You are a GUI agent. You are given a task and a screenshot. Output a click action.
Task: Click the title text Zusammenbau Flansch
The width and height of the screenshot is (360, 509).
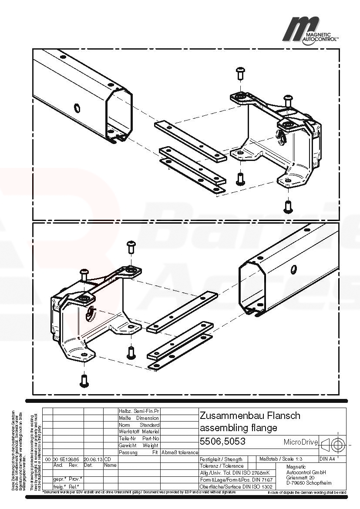click(x=250, y=415)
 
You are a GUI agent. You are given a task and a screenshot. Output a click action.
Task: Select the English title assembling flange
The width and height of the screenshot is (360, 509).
click(x=238, y=428)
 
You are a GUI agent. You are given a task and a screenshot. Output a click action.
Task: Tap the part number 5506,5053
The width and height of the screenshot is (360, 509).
click(x=222, y=442)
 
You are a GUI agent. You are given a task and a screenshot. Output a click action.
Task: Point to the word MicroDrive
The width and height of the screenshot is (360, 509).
click(x=301, y=442)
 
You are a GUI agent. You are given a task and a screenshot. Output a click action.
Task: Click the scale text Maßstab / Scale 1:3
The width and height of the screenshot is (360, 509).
click(x=281, y=459)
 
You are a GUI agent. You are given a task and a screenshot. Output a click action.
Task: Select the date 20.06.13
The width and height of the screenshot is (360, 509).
click(x=93, y=459)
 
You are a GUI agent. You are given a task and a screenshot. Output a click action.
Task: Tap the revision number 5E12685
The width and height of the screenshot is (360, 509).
click(x=69, y=459)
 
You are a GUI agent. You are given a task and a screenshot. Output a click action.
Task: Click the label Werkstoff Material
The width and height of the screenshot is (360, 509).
click(x=139, y=432)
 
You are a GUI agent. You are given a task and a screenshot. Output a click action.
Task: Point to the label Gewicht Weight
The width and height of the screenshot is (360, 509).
click(x=139, y=445)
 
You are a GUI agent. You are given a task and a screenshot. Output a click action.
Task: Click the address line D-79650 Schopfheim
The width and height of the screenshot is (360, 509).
click(x=309, y=483)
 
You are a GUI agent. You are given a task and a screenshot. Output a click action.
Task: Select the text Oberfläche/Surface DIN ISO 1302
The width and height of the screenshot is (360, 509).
click(x=236, y=486)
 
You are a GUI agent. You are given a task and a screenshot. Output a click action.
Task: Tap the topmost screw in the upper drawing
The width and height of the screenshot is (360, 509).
click(x=240, y=73)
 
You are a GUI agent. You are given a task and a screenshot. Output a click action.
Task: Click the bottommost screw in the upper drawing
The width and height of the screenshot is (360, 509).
click(x=287, y=206)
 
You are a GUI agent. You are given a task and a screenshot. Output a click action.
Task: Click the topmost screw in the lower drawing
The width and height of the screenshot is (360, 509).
click(x=131, y=247)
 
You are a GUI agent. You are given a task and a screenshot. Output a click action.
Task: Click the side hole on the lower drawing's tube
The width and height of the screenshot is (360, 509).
click(x=294, y=269)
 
